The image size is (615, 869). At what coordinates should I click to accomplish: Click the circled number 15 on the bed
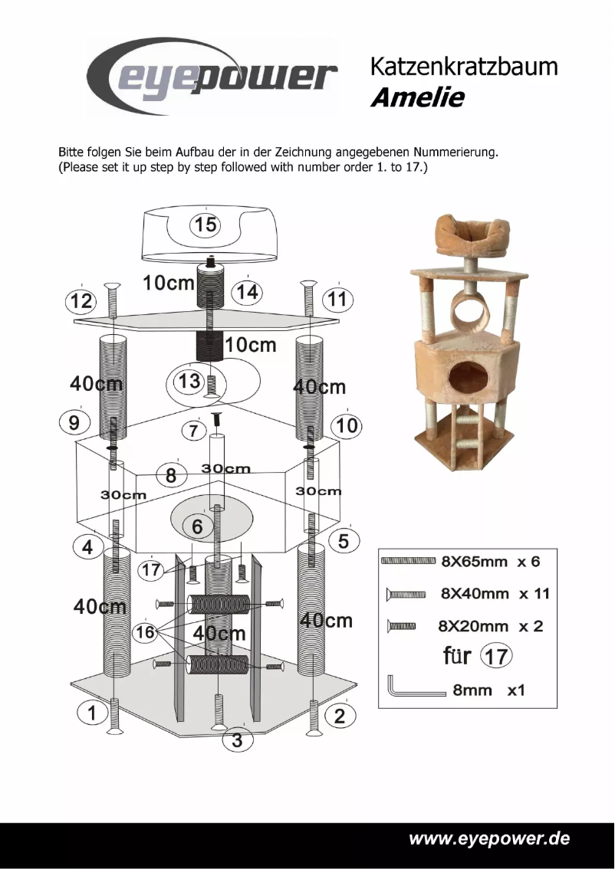tap(205, 225)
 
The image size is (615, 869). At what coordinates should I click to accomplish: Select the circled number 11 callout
tap(337, 299)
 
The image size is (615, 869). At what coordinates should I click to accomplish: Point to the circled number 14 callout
tap(247, 292)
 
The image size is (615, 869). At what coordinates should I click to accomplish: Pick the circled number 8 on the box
tap(171, 476)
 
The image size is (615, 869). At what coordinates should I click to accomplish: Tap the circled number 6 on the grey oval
tap(197, 526)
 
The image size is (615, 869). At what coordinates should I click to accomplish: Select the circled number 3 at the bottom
tap(237, 740)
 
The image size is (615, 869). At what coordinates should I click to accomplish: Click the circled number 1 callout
tap(91, 713)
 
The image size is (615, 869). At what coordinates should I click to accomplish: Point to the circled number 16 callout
tap(145, 632)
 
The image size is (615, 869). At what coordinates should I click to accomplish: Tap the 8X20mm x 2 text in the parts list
tap(490, 626)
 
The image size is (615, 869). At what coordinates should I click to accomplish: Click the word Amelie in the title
tap(418, 99)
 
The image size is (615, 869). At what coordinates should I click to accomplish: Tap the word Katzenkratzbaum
tap(464, 67)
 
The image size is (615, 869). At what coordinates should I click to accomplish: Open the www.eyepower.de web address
tap(489, 838)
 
